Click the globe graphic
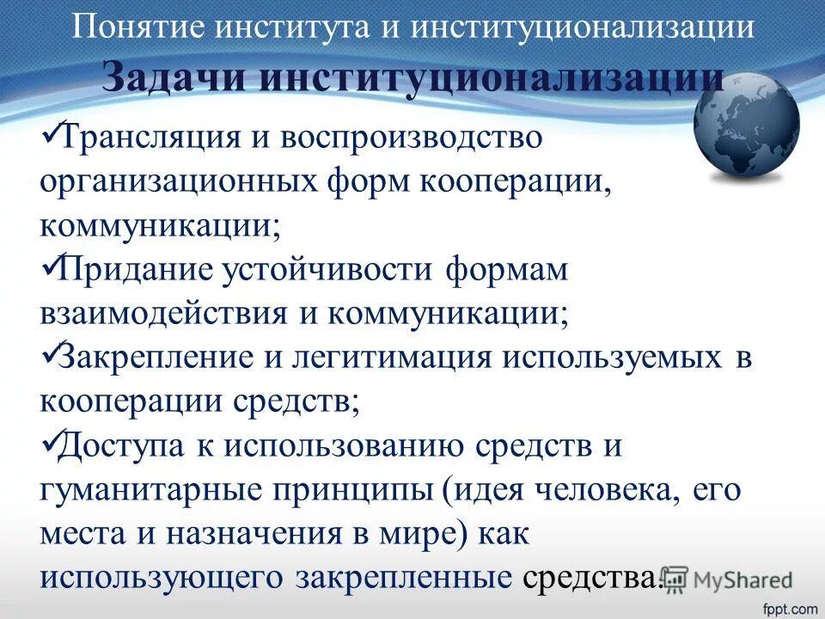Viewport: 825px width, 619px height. pos(746,127)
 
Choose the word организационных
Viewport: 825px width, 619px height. pos(172,182)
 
